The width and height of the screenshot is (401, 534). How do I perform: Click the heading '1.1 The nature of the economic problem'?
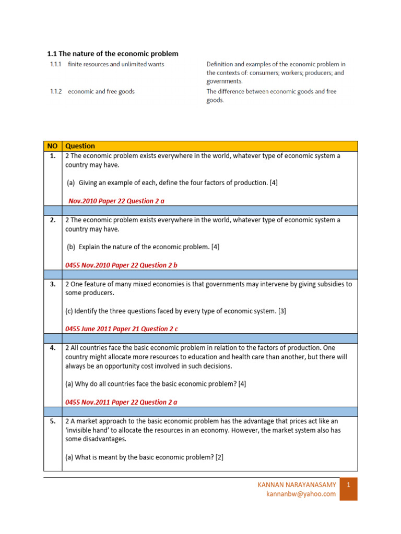point(113,54)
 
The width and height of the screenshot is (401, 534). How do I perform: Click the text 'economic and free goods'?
point(101,91)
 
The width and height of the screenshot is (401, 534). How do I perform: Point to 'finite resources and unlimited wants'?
point(116,64)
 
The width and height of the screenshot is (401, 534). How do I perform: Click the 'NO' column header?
point(52,146)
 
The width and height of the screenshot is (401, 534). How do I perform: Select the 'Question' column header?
point(80,146)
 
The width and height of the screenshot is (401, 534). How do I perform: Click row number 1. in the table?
point(52,156)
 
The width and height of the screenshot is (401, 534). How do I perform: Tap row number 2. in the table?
point(52,220)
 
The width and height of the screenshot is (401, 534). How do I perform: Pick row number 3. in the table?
point(52,284)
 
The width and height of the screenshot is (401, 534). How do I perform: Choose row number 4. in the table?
point(52,348)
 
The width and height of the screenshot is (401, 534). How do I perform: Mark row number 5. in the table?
point(52,421)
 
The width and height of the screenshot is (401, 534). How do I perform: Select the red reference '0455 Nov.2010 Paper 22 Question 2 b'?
point(121,265)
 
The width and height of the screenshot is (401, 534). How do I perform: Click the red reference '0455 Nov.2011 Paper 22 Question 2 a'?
point(121,402)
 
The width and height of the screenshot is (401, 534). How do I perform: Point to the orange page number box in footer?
point(348,489)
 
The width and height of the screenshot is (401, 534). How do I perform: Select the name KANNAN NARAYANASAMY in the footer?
point(297,484)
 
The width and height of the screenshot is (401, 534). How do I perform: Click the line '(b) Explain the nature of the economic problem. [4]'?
point(142,247)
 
